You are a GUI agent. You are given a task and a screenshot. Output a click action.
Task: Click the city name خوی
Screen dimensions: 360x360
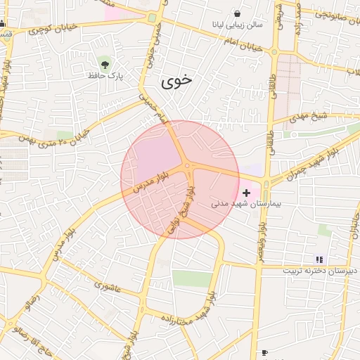(176, 82)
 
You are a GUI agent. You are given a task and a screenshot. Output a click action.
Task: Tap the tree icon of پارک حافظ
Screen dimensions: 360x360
(106, 63)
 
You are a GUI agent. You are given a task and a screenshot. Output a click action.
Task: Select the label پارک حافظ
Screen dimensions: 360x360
(105, 75)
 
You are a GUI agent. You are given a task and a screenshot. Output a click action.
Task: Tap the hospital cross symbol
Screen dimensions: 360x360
(246, 192)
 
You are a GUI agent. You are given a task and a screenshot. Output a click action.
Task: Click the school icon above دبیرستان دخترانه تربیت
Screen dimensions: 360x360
(319, 259)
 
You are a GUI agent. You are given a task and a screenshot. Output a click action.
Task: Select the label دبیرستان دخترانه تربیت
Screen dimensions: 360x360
(320, 271)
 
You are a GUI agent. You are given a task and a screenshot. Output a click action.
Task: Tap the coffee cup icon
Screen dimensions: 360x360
(264, 352)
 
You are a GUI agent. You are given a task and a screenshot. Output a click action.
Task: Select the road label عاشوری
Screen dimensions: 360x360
(108, 285)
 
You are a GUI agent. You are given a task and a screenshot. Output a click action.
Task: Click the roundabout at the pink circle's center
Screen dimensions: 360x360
(187, 166)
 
